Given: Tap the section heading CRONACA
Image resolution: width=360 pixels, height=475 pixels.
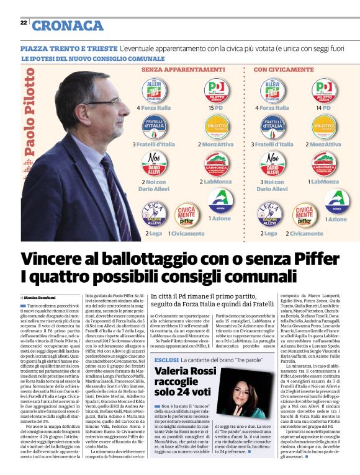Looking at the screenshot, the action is pyautogui.click(x=68, y=25).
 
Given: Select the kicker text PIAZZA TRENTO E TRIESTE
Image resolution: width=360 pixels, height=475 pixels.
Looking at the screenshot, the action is pyautogui.click(x=68, y=48).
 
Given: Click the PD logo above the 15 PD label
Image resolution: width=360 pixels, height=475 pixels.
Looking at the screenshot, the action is pyautogui.click(x=216, y=89).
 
